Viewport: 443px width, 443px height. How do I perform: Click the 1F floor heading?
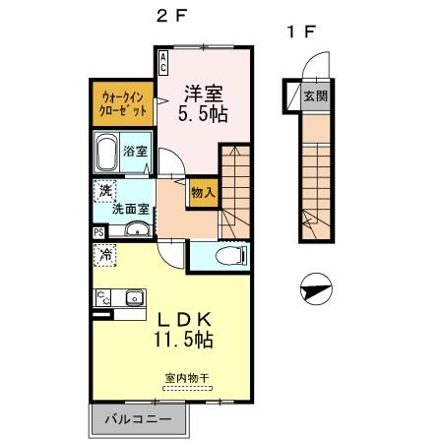pyautogui.click(x=300, y=32)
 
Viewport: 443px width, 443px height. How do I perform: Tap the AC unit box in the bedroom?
pyautogui.click(x=163, y=63)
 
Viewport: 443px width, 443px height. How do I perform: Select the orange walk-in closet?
pyautogui.click(x=121, y=104)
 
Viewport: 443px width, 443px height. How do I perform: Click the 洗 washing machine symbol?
pyautogui.click(x=103, y=190)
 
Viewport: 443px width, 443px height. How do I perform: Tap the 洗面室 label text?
pyautogui.click(x=130, y=209)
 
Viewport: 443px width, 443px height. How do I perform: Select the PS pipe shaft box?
pyautogui.click(x=97, y=232)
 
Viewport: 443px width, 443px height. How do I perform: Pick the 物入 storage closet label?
pyautogui.click(x=203, y=194)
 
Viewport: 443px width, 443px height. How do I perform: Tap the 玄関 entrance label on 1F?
pyautogui.click(x=315, y=96)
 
